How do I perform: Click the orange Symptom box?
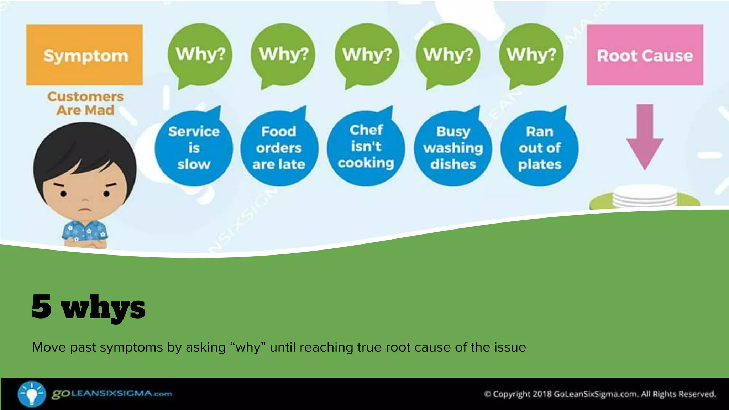pyautogui.click(x=84, y=54)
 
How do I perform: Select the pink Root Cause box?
pyautogui.click(x=645, y=54)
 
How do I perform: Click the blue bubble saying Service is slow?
pyautogui.click(x=194, y=148)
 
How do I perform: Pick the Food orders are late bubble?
pyautogui.click(x=279, y=148)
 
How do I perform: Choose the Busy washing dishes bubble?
pyautogui.click(x=453, y=148)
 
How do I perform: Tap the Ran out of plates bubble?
pyautogui.click(x=539, y=148)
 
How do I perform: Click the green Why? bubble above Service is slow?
pyautogui.click(x=200, y=54)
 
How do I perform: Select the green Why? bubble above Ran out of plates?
pyautogui.click(x=531, y=54)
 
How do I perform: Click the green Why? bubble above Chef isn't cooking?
pyautogui.click(x=367, y=54)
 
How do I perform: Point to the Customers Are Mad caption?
pyautogui.click(x=85, y=103)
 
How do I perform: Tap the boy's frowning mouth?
pyautogui.click(x=84, y=209)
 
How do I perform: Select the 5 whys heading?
pyautogui.click(x=89, y=307)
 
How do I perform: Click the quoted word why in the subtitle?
pyautogui.click(x=248, y=347)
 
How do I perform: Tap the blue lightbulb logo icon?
pyautogui.click(x=32, y=394)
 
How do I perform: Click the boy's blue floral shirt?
pyautogui.click(x=85, y=233)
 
